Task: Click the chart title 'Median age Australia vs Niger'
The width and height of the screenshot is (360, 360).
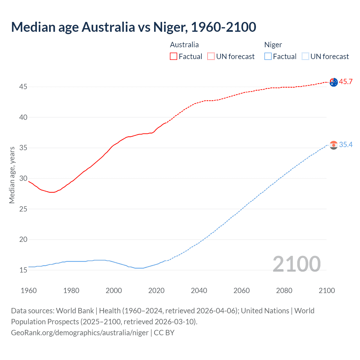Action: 134,27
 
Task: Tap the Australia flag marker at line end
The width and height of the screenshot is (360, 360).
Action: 334,82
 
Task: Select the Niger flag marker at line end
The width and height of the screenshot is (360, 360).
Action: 334,145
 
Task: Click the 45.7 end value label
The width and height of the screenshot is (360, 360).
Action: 346,82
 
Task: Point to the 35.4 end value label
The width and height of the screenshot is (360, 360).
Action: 346,145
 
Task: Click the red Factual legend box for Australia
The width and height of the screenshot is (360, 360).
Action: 174,57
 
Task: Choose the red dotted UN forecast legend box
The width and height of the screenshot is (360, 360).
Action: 211,57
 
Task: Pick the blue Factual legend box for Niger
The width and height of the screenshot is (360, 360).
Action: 268,57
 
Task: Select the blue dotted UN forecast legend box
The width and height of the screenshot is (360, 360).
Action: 305,57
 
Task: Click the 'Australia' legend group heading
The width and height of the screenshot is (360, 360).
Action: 184,45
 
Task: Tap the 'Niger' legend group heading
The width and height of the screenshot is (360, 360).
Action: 273,45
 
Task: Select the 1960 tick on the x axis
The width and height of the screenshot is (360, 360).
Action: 29,291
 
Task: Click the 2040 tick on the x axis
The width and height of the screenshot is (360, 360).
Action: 199,291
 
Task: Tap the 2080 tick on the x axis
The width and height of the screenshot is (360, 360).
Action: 284,291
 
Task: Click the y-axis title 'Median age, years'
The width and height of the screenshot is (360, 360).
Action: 12,175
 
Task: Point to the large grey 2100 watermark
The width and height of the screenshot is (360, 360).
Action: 296,264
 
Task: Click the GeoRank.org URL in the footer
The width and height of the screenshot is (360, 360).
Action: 80,333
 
